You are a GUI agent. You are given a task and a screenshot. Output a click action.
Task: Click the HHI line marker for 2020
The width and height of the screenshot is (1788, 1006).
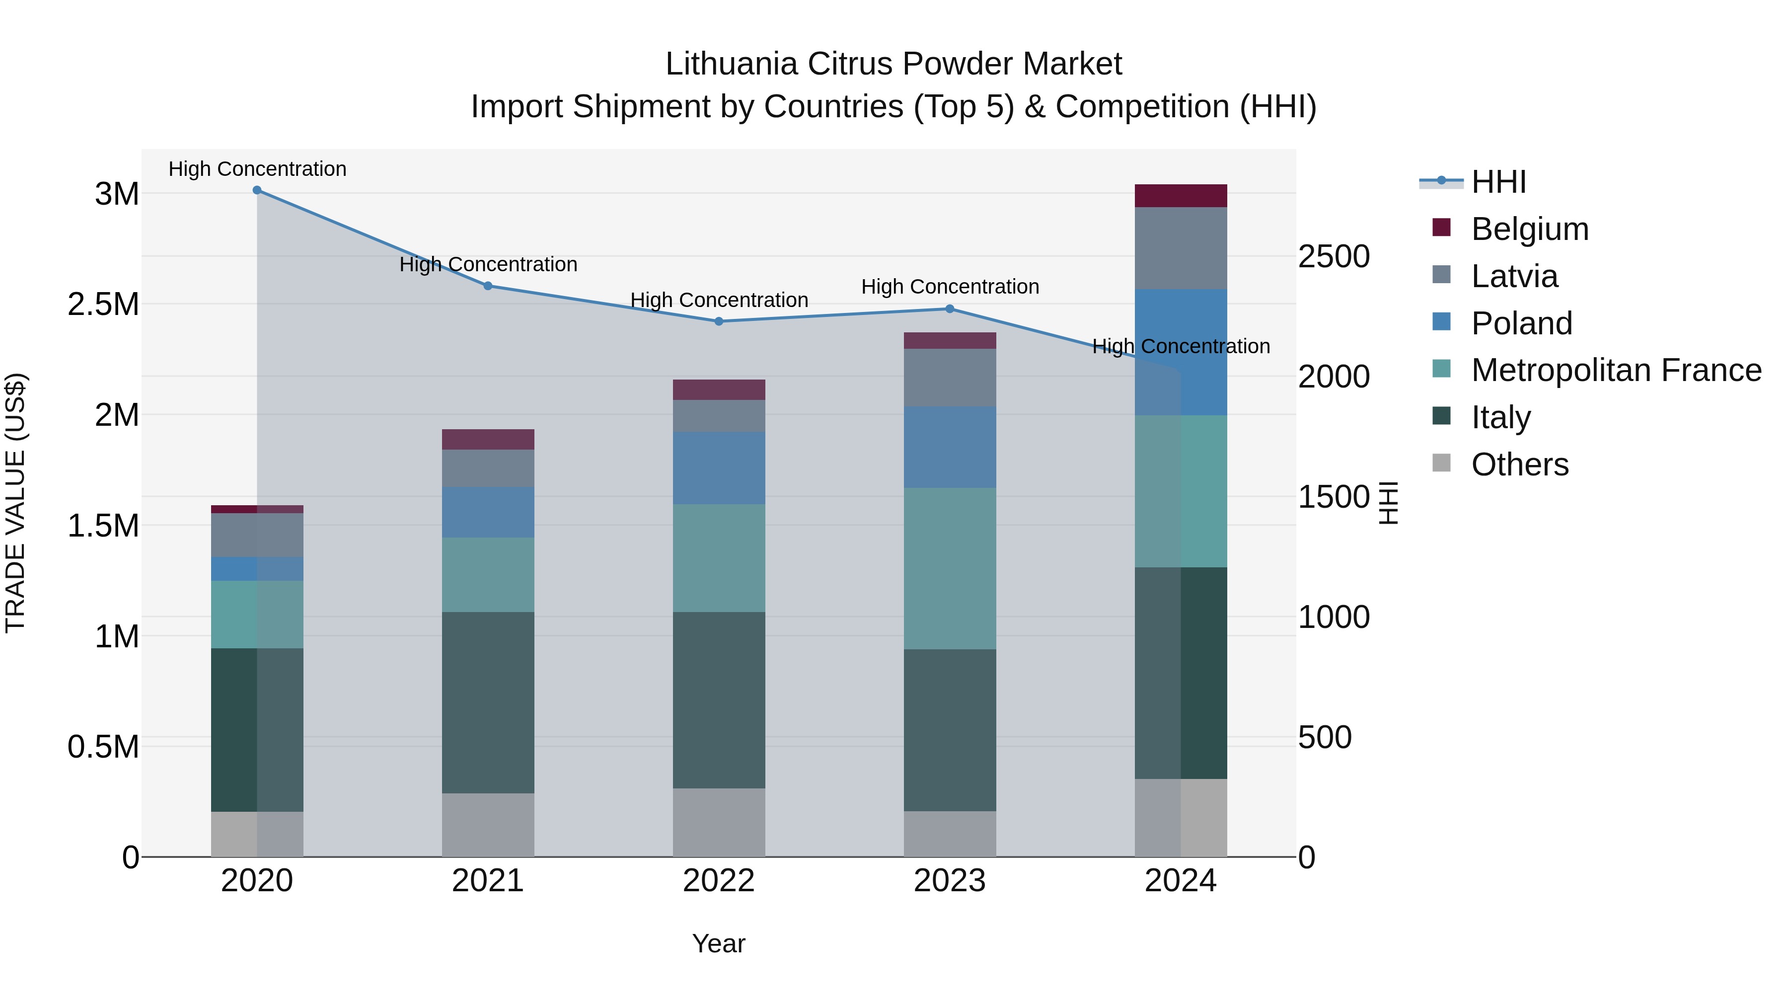pos(257,190)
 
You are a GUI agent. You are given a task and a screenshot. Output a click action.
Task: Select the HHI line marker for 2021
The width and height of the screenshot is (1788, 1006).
pos(488,286)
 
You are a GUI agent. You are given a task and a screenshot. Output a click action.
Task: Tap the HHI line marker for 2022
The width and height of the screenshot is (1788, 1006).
pos(719,321)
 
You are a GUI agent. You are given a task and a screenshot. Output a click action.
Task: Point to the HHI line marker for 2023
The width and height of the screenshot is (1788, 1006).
pos(950,309)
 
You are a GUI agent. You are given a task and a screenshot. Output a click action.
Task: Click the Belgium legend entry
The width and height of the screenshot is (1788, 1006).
pos(1529,229)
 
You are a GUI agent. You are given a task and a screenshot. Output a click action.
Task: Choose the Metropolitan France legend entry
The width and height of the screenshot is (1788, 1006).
pos(1616,370)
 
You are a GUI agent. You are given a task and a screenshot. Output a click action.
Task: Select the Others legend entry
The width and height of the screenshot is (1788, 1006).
pos(1519,464)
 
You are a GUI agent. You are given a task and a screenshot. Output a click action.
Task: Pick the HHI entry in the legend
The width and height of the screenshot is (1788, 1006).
pos(1498,182)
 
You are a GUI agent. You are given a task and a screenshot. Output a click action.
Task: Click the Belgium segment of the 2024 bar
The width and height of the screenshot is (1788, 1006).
pos(1181,196)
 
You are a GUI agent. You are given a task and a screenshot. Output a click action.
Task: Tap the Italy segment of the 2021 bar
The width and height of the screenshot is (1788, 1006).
pos(488,702)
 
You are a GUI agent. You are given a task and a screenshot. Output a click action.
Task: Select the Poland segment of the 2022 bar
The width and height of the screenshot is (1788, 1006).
pos(719,468)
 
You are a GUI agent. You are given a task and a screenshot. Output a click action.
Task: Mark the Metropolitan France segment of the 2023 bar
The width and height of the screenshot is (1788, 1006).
pos(950,569)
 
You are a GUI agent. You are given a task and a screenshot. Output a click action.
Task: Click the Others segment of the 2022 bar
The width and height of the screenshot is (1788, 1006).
pos(719,822)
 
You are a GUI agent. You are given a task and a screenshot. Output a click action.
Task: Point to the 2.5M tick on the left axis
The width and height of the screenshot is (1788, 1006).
pos(103,304)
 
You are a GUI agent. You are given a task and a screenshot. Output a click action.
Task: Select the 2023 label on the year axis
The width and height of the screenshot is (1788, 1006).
pos(950,881)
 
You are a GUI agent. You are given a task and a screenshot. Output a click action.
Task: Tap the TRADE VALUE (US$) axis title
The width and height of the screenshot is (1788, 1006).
pos(16,503)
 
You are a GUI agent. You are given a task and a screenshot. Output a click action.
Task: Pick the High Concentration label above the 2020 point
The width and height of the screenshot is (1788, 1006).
pos(257,169)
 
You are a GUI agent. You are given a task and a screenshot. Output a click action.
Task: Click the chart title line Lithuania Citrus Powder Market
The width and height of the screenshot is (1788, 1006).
pos(894,64)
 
